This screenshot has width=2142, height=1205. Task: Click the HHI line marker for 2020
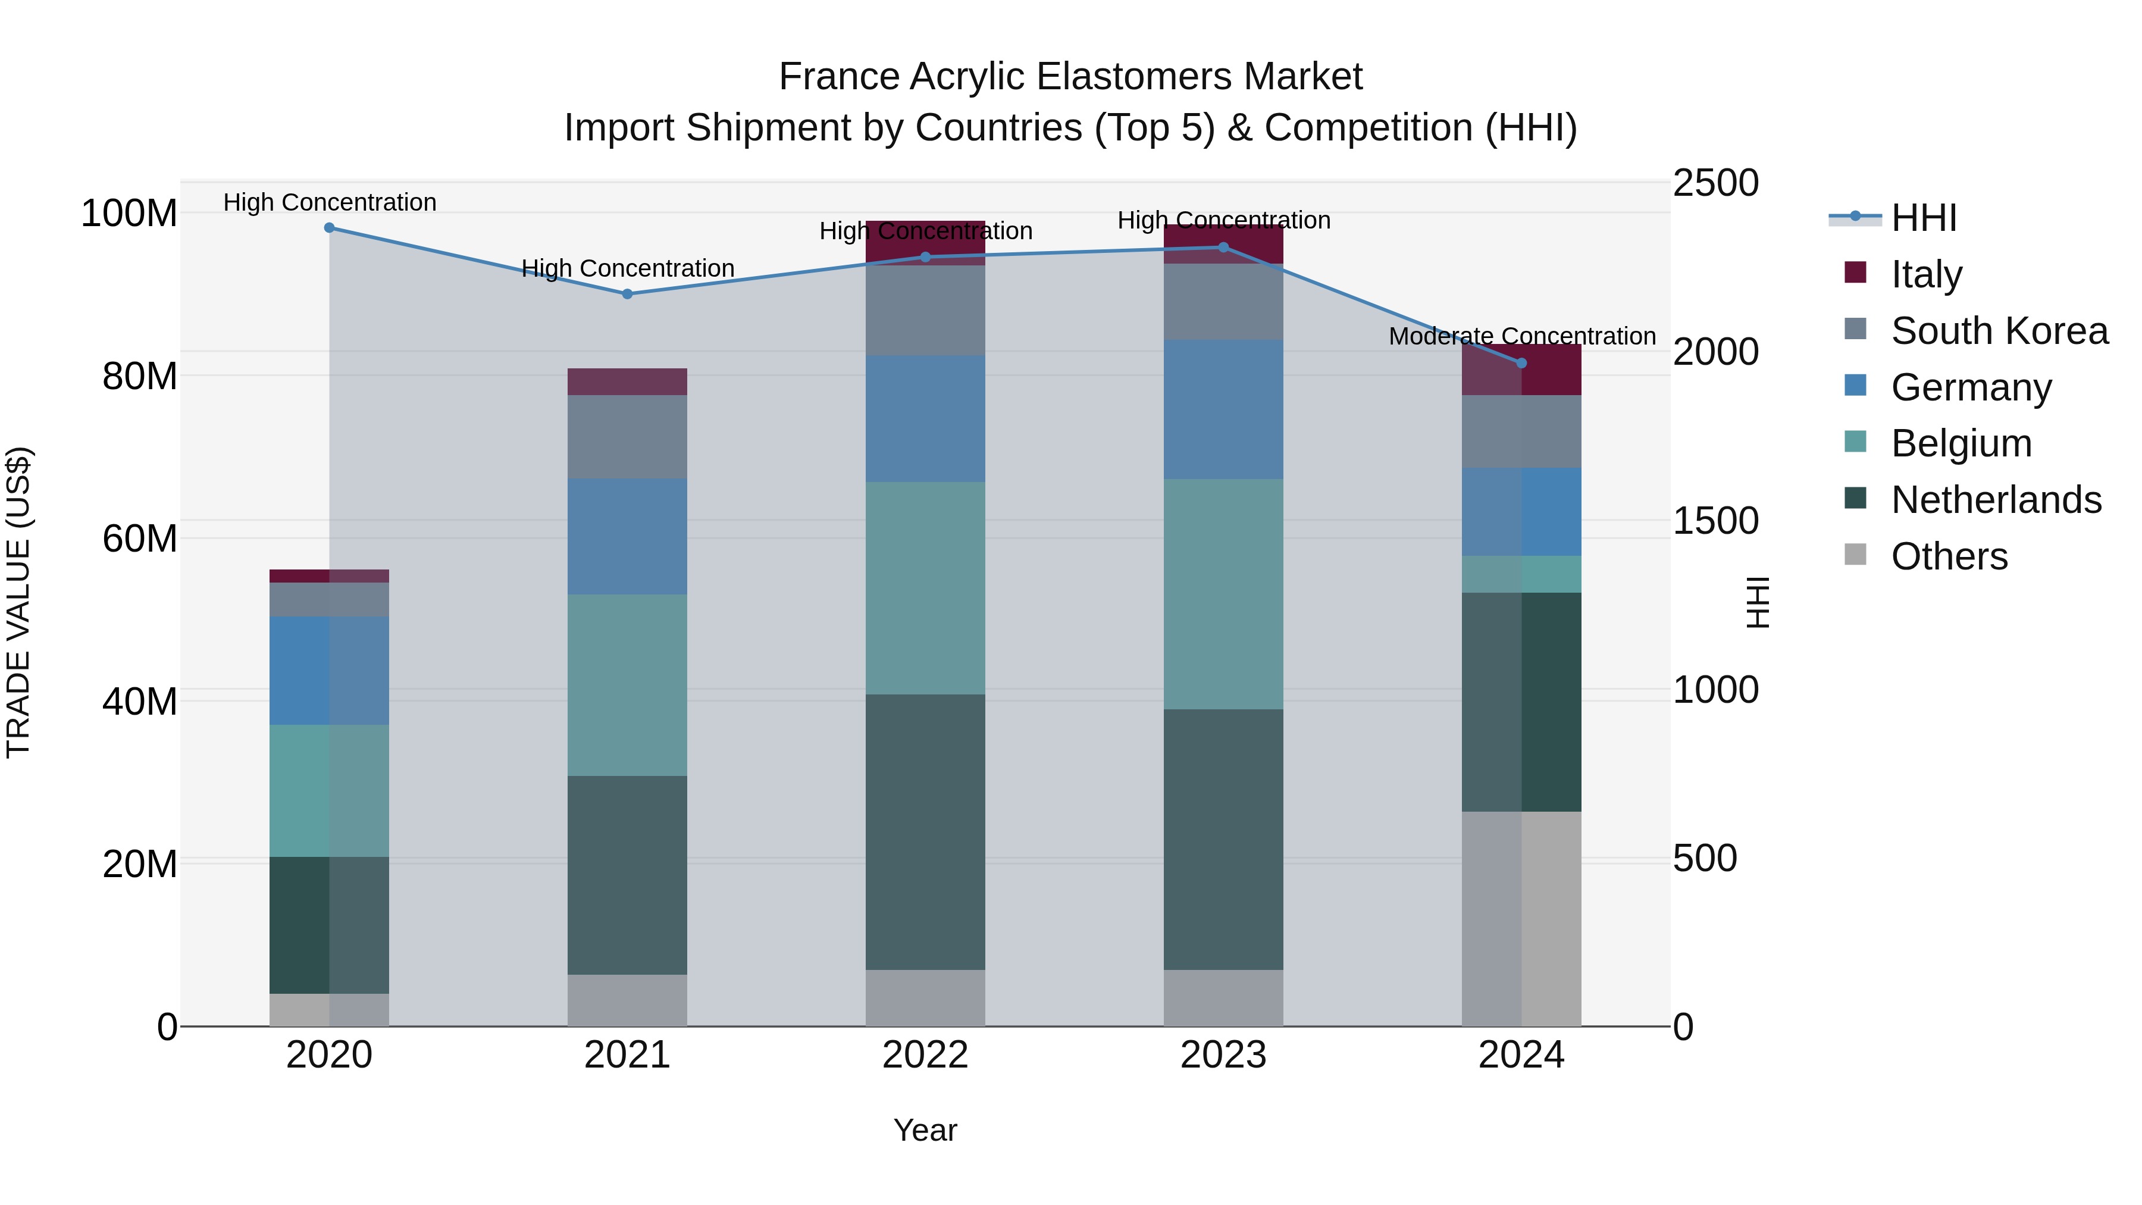point(329,228)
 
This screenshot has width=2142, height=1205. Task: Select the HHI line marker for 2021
point(627,293)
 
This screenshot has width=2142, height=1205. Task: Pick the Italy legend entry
point(1926,274)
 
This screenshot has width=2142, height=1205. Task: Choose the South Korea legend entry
point(1999,331)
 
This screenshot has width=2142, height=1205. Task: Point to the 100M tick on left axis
point(129,214)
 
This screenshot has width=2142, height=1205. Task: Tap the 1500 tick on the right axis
point(1715,521)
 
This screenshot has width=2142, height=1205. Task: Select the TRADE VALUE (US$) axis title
point(18,602)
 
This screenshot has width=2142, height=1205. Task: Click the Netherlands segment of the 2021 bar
point(627,875)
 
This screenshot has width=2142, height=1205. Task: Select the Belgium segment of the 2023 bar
point(1223,594)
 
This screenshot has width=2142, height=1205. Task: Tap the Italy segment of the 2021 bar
point(627,381)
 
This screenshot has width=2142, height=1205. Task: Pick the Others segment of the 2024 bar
point(1521,918)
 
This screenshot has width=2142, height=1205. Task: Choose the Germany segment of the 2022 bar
point(925,418)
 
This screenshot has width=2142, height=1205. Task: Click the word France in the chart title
point(838,77)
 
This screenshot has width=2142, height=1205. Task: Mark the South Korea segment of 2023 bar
point(1223,301)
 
